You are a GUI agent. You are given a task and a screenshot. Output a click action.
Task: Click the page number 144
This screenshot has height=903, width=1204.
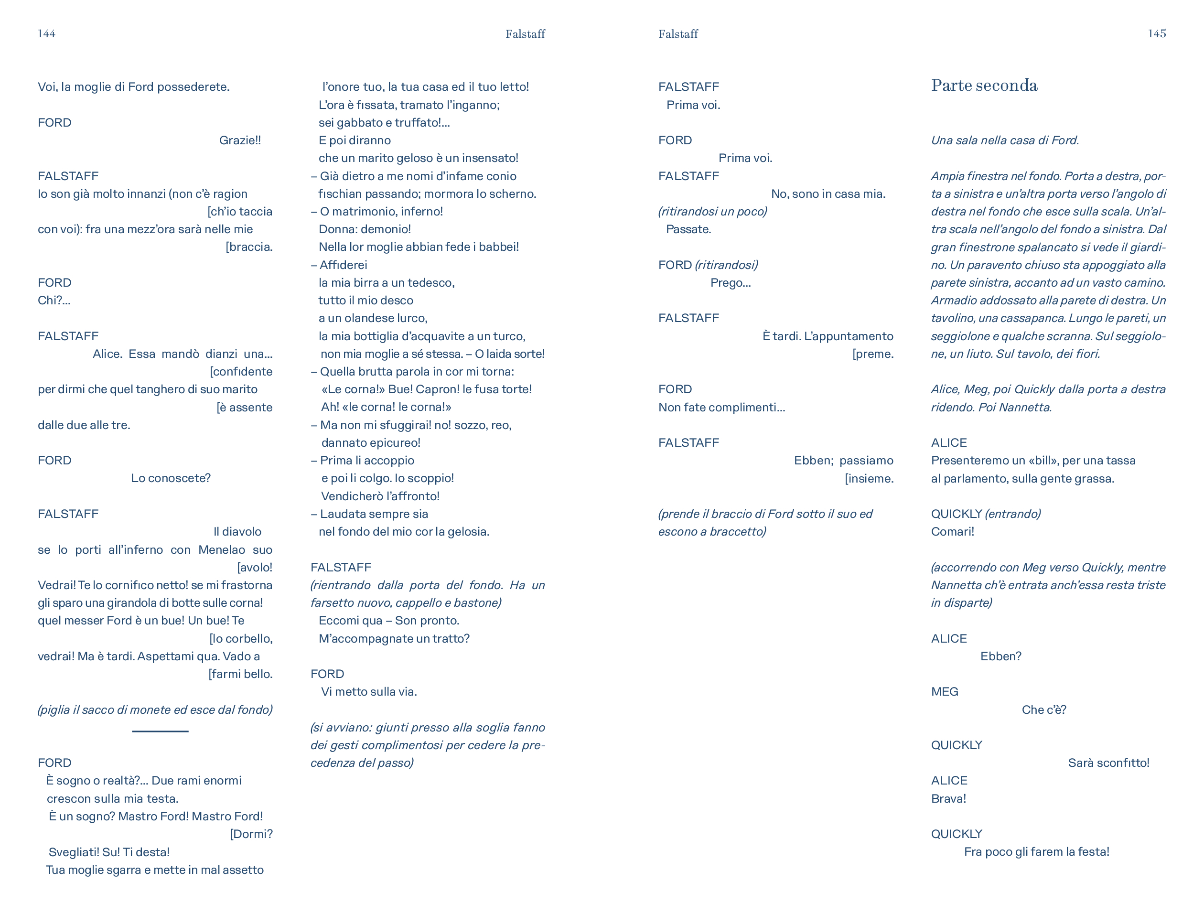coord(46,34)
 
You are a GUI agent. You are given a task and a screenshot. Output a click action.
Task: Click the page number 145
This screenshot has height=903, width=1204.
coord(1156,34)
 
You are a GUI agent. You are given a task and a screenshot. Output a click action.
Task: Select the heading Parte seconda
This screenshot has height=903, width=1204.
coord(984,86)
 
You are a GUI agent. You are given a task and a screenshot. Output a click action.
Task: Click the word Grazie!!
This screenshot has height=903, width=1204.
coord(239,140)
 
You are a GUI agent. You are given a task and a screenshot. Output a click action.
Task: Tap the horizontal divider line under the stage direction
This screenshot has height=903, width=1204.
coord(160,731)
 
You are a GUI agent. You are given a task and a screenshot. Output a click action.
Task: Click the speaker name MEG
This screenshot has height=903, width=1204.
coord(945,692)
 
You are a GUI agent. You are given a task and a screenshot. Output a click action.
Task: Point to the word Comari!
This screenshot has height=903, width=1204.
coord(952,532)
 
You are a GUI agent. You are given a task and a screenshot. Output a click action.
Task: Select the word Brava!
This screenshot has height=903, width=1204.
coord(948,798)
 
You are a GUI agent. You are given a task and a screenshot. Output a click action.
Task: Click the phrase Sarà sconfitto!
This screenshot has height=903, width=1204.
coord(1108,763)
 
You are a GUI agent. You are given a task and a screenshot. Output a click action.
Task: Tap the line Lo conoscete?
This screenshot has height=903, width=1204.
coord(171,478)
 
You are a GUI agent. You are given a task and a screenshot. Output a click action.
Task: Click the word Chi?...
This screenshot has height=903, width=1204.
coord(54,301)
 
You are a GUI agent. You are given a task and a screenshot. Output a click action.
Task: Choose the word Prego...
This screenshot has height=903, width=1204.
coord(730,283)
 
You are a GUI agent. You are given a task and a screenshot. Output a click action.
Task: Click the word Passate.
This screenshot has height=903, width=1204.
coord(688,230)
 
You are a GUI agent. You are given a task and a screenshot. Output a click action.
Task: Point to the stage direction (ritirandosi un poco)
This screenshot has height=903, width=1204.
coord(712,212)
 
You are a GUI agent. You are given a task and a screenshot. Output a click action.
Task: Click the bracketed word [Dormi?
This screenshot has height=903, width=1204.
coord(251,834)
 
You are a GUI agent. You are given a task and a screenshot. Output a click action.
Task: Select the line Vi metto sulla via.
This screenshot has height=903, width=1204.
coord(368,692)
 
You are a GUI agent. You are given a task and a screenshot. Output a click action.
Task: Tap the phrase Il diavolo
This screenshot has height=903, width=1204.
coord(237,532)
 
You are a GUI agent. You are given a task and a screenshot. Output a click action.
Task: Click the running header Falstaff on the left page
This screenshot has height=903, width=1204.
coord(525,34)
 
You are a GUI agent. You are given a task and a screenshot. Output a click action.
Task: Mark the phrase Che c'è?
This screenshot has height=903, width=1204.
coord(1043,710)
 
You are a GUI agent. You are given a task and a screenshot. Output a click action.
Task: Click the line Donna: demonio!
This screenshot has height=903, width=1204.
coord(365,230)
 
